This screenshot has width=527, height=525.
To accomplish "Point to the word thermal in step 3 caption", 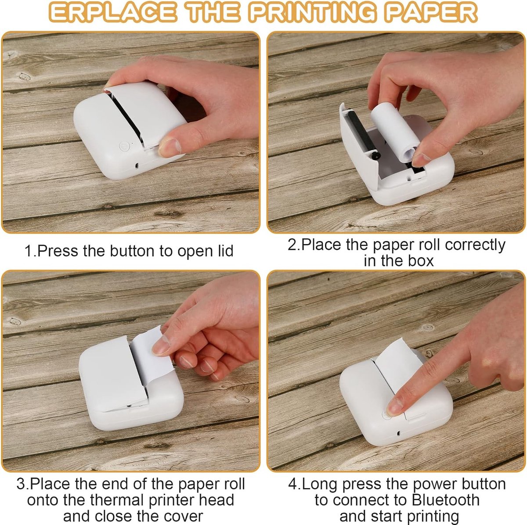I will coord(116,500).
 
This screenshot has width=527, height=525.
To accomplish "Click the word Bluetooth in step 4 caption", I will coord(445,500).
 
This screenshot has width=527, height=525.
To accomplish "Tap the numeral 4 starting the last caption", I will coord(292,484).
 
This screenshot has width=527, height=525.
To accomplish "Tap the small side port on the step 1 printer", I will coord(137,165).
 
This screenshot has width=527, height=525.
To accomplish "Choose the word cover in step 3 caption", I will coord(180,516).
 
